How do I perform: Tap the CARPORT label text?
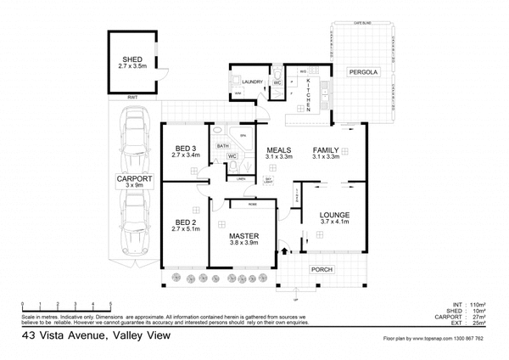point(134,179)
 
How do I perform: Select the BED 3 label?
point(184,149)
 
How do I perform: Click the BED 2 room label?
point(185,222)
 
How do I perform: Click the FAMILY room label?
point(326,148)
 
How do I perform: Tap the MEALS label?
point(278,148)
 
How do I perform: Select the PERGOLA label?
point(363,74)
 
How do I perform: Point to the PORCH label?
point(322,269)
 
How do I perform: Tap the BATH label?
point(223,146)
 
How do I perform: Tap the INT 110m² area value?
point(472,303)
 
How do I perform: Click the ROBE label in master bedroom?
point(252,205)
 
